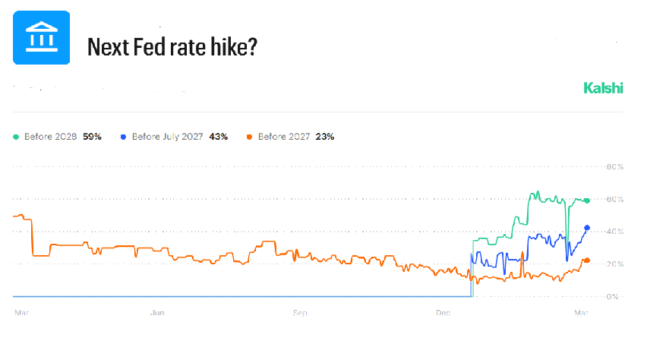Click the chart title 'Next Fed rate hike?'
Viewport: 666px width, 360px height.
172,47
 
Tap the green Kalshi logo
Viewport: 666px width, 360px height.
603,88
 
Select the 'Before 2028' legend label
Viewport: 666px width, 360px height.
50,137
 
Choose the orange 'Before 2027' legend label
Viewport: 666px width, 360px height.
285,137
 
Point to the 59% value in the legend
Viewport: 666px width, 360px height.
91,137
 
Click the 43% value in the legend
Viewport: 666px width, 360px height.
218,137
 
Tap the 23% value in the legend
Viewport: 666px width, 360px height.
324,137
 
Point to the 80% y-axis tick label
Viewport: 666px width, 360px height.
613,166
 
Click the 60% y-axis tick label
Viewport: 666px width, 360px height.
613,199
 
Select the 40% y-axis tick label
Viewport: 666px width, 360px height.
613,232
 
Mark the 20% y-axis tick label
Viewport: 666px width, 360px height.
613,264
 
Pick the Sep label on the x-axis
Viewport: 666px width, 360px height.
301,312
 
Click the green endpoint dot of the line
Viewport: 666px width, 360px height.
586,201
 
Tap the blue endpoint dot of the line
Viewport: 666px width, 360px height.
587,228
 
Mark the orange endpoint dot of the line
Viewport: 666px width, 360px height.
586,261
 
